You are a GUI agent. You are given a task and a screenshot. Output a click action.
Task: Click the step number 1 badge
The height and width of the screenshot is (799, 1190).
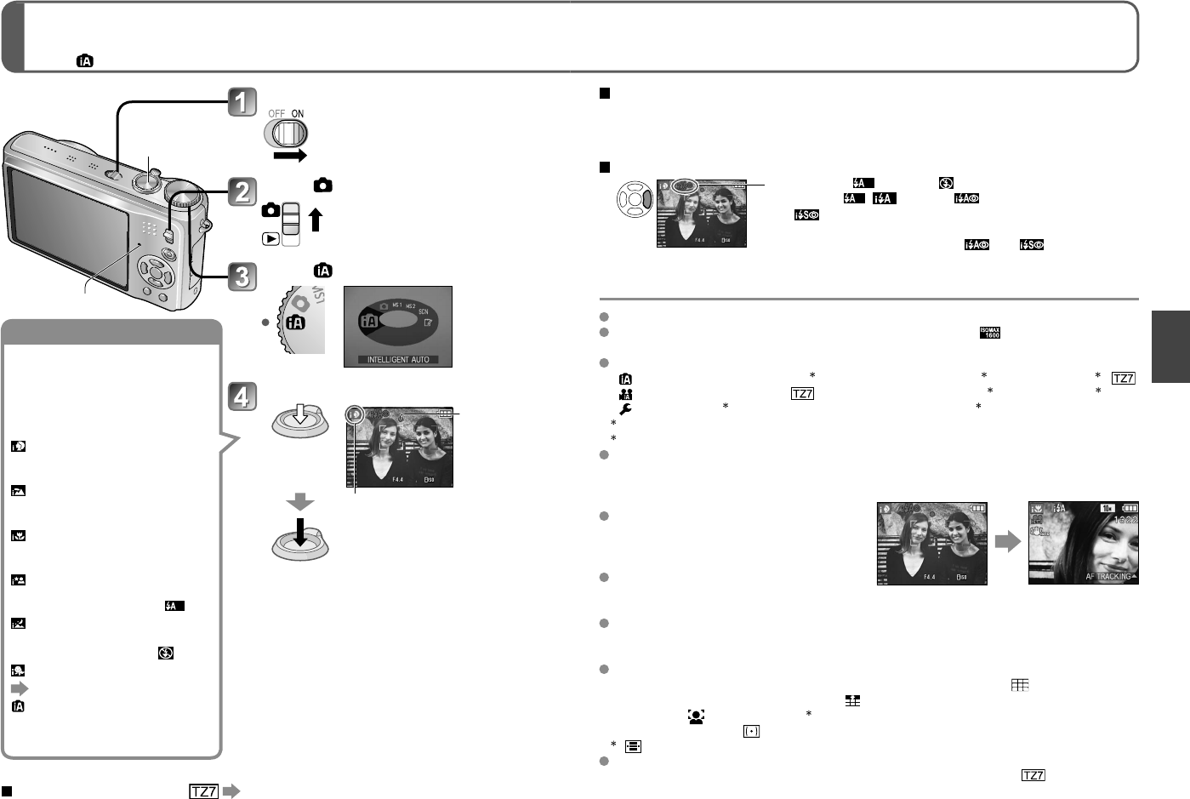(x=242, y=103)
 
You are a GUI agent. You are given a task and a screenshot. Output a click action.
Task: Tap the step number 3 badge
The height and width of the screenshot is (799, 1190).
(x=242, y=276)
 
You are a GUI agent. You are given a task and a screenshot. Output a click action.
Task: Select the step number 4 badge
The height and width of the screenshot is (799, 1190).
(x=242, y=397)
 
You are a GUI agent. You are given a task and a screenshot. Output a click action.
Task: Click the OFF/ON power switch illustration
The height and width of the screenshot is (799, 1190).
(x=287, y=133)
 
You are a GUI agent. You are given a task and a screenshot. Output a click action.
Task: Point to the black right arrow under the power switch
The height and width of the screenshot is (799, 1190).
(x=290, y=157)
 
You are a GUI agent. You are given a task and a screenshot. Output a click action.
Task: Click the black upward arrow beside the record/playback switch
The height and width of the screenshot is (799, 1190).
(x=316, y=220)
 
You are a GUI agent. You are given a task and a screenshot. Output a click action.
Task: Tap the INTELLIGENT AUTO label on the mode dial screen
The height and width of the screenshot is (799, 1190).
(x=397, y=360)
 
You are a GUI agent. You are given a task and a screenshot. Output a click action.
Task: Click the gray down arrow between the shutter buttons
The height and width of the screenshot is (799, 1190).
(x=300, y=504)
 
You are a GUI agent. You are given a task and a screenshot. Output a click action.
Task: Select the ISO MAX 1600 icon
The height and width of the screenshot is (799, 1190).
(x=989, y=333)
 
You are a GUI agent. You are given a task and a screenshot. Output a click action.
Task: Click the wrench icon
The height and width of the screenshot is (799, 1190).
(x=625, y=408)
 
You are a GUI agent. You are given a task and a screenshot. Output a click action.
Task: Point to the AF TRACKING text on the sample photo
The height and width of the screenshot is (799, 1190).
(x=1108, y=577)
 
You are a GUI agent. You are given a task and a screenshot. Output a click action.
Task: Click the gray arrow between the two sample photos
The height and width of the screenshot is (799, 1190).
(x=1008, y=541)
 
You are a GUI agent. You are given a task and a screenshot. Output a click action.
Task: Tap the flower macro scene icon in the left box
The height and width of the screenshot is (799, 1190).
(x=18, y=536)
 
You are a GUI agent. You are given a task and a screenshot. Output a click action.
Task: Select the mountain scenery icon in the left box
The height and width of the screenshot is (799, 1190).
(x=18, y=491)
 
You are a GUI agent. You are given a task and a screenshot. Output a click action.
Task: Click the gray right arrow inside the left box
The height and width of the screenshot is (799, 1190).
(x=19, y=688)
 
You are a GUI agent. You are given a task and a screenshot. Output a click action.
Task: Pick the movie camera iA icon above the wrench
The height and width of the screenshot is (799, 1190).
(x=625, y=394)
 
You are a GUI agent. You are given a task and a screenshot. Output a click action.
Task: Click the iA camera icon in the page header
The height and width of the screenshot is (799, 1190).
(x=85, y=60)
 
